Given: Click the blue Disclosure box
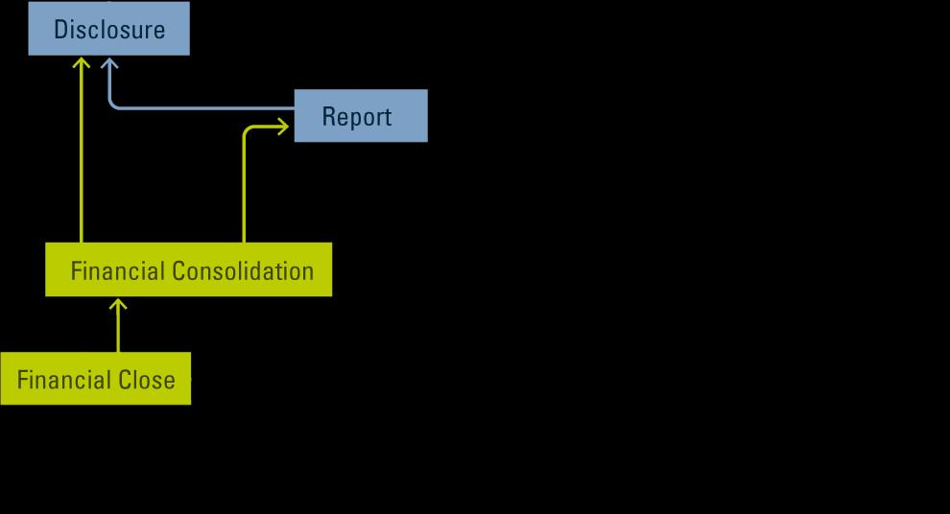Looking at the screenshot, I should point(108,29).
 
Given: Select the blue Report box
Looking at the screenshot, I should point(360,116).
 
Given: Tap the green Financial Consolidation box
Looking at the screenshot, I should point(189,269).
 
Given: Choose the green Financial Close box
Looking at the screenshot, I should point(95,379).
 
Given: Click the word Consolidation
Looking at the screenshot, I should point(243,270).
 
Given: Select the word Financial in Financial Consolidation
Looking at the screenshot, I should point(115,270).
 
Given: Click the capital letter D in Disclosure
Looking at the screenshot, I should point(61,30).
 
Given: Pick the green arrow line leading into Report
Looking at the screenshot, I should point(244,192).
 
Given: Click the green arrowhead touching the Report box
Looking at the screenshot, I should point(283,126).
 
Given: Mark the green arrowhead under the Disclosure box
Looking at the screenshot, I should point(82,63).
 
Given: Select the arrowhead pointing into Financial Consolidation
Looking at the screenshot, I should point(118,304).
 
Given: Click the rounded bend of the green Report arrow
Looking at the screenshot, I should point(248,129).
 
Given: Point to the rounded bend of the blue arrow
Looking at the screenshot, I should point(113,104).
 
